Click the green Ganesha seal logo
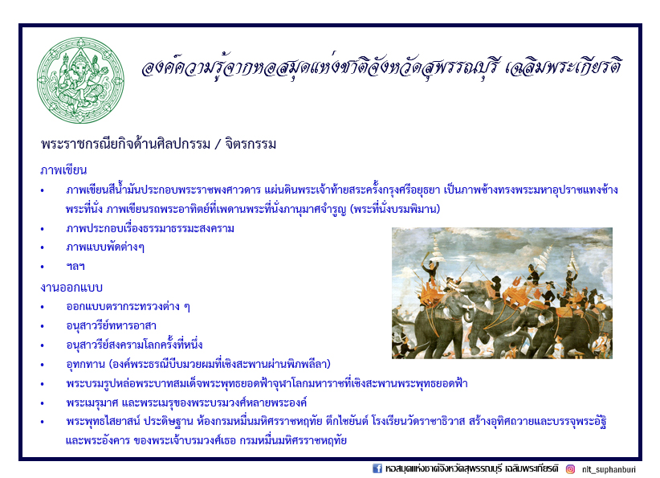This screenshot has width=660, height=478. click(80, 80)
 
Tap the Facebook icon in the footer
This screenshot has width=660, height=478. click(377, 468)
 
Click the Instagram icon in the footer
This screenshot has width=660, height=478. click(570, 468)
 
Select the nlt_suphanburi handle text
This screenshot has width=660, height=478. click(609, 469)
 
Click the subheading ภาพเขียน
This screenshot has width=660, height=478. click(63, 170)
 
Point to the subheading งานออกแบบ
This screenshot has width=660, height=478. click(71, 288)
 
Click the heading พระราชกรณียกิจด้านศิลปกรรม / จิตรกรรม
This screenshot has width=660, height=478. click(159, 144)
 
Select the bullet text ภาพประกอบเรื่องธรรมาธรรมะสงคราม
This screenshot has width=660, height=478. click(150, 228)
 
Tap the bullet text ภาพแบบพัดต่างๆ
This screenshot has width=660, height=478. click(105, 247)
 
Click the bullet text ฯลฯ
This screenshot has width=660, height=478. click(75, 267)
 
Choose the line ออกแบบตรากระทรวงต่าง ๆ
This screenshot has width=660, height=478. click(128, 306)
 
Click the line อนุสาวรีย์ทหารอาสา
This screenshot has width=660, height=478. click(111, 325)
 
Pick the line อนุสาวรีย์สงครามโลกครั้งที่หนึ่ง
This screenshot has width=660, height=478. click(134, 345)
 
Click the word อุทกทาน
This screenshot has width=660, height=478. click(85, 364)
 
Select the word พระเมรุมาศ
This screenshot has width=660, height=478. click(92, 402)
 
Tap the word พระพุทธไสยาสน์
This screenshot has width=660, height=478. click(103, 421)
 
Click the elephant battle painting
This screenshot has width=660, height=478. click(502, 293)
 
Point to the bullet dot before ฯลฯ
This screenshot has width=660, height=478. click(42, 267)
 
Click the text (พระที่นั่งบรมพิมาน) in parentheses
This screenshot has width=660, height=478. click(395, 209)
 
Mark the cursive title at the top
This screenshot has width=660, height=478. click(381, 67)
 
